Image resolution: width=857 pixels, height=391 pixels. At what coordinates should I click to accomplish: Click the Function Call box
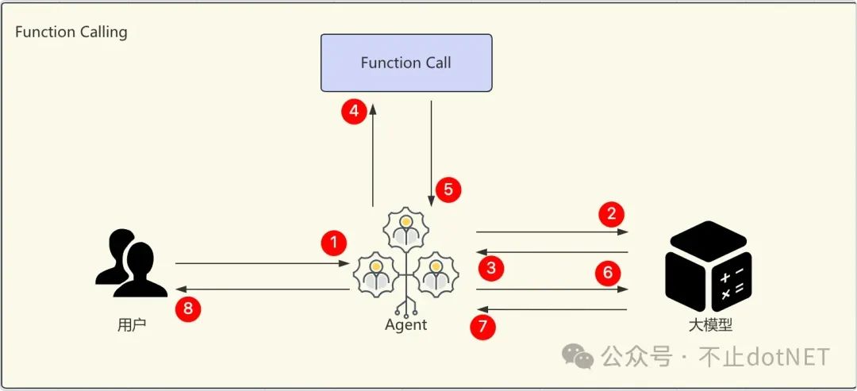tap(405, 63)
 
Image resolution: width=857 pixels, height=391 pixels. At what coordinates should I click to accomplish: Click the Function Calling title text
tap(71, 33)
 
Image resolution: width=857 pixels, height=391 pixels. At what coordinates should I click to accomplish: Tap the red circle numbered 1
tap(334, 243)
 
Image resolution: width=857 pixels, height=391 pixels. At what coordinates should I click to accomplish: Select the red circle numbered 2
tap(611, 213)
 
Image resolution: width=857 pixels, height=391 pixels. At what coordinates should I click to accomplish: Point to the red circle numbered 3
tap(491, 268)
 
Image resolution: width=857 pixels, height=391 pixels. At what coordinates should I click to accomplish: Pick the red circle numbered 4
tap(354, 112)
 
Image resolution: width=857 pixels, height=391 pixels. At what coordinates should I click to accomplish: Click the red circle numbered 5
tap(448, 190)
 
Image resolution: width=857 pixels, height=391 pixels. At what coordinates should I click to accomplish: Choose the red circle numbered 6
tap(608, 274)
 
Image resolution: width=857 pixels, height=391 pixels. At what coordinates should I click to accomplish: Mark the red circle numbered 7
tap(482, 327)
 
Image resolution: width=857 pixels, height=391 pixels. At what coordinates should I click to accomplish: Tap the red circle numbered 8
tap(188, 309)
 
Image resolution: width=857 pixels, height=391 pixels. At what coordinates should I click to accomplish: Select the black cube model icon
tap(709, 265)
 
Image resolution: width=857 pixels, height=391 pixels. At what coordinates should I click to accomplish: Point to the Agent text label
tap(405, 325)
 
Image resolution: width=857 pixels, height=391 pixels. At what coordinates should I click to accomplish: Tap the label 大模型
tap(709, 325)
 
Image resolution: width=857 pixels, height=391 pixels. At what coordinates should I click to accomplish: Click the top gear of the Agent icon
tap(405, 228)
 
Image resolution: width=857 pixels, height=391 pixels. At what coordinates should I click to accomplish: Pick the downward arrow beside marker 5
tap(431, 151)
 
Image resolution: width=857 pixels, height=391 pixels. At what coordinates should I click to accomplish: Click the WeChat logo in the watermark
tap(578, 357)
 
